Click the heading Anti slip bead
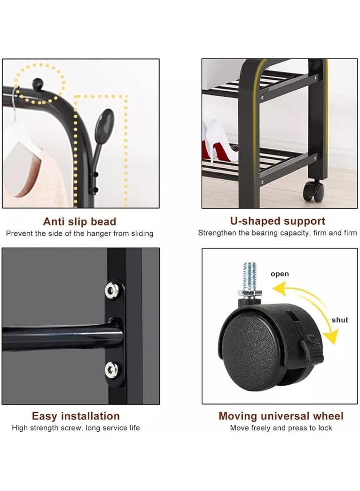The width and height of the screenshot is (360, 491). pos(79,222)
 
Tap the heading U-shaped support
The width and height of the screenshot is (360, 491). pos(277,221)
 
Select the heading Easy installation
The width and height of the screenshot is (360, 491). pos(76,416)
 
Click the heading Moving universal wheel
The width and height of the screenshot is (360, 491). pos(281,416)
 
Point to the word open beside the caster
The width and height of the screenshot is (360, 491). pos(280,274)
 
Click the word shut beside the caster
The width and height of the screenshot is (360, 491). pos(340,320)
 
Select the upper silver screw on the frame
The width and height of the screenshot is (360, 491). pos(111,289)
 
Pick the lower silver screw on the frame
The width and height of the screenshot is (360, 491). pos(111,368)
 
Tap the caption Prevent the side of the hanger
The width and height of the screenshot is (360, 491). pos(79,234)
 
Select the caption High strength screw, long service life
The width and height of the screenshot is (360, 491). pos(76,428)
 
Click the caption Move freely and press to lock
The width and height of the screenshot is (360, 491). pos(281,428)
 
